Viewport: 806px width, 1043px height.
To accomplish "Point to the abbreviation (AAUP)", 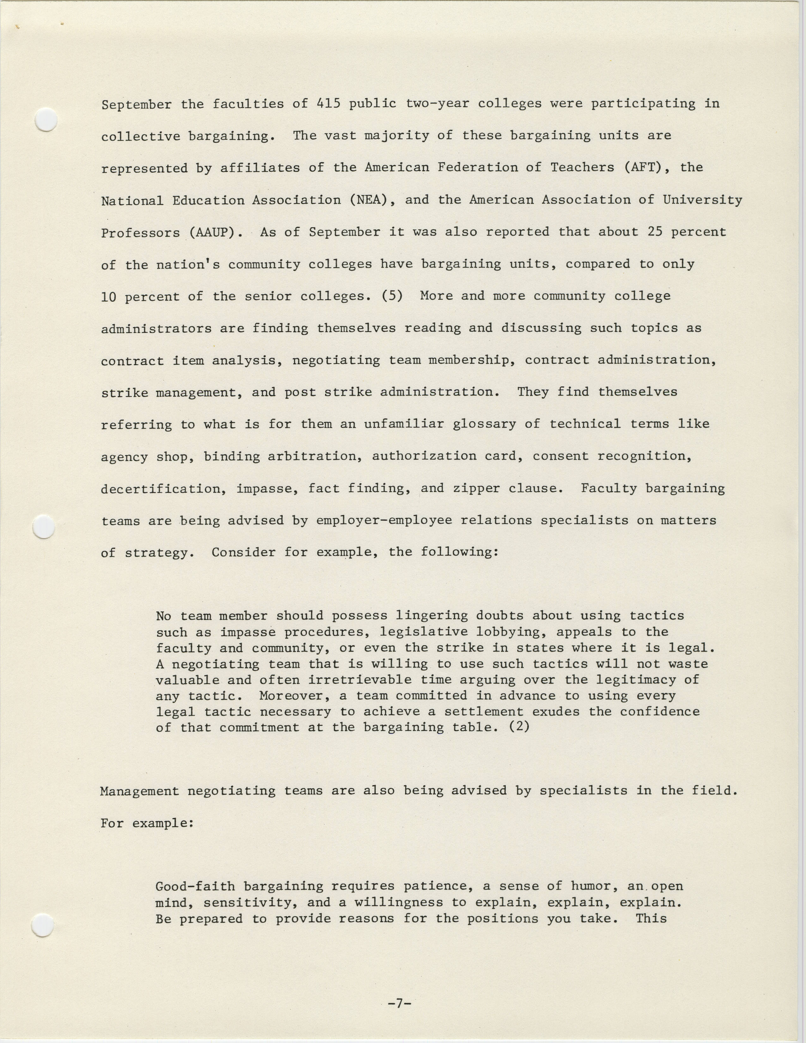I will pyautogui.click(x=216, y=233).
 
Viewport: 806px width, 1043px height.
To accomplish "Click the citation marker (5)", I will pyautogui.click(x=392, y=296).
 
